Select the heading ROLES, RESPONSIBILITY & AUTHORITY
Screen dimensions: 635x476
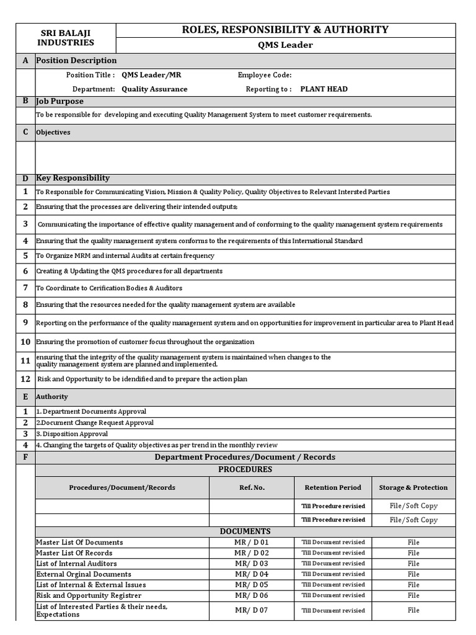click(x=284, y=29)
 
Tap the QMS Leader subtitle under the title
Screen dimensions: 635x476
click(x=285, y=45)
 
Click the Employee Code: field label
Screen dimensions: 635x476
click(x=265, y=75)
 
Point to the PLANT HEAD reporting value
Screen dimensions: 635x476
click(x=324, y=89)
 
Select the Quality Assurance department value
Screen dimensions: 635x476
click(x=154, y=89)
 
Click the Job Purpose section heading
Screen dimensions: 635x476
click(x=59, y=101)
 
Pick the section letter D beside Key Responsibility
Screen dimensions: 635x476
click(x=25, y=178)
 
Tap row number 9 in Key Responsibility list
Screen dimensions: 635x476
click(x=25, y=322)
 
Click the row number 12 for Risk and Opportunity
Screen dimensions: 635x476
click(x=25, y=378)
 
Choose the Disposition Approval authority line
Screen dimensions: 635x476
click(x=72, y=434)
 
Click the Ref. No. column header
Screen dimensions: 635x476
click(x=252, y=487)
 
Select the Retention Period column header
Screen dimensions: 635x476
click(x=333, y=487)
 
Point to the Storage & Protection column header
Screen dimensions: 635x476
click(x=413, y=487)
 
